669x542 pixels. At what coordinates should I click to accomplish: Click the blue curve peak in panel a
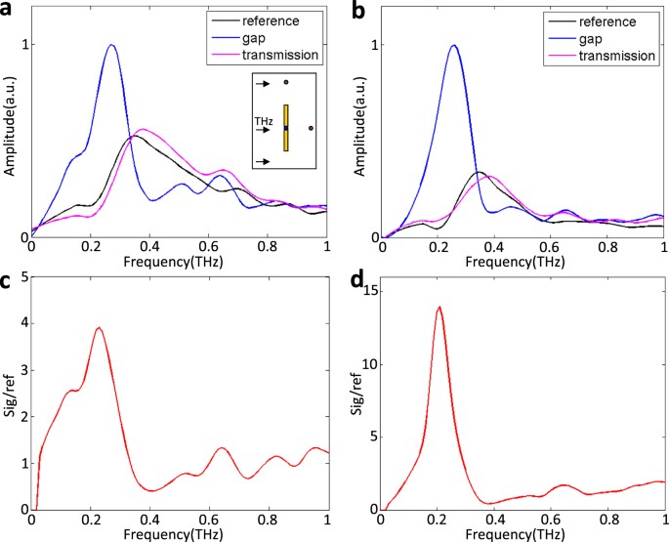coord(111,45)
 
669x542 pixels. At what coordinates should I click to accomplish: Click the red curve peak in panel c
coord(98,328)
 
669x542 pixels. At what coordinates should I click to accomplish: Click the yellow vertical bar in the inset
coord(286,128)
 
